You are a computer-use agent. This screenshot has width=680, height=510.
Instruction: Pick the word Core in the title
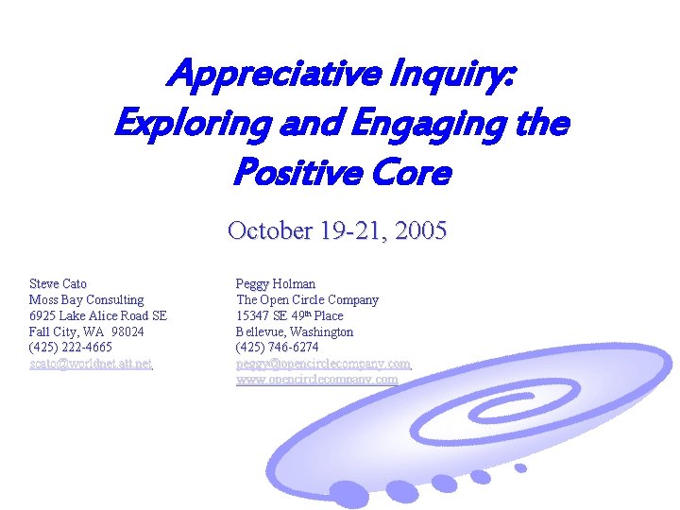pyautogui.click(x=405, y=174)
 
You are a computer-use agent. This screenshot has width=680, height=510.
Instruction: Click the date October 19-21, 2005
pyautogui.click(x=337, y=230)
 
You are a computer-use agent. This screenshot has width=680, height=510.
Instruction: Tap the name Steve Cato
pyautogui.click(x=59, y=283)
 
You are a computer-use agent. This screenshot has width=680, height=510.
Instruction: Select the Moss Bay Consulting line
pyautogui.click(x=86, y=299)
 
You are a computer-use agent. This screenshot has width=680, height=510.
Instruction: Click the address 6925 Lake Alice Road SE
pyautogui.click(x=98, y=315)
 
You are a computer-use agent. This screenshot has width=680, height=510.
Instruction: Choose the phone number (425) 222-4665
pyautogui.click(x=71, y=348)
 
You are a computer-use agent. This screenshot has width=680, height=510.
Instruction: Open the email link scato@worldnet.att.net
pyautogui.click(x=91, y=364)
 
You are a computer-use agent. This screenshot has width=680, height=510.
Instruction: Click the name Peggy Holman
pyautogui.click(x=275, y=283)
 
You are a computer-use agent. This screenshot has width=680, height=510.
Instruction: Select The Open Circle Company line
pyautogui.click(x=307, y=299)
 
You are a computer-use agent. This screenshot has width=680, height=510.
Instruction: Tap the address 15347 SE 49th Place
pyautogui.click(x=289, y=315)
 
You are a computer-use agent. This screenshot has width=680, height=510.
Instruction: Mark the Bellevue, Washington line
pyautogui.click(x=294, y=331)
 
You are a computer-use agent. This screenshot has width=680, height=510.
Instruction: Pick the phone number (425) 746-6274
pyautogui.click(x=278, y=348)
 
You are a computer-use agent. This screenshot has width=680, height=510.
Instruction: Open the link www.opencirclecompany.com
pyautogui.click(x=316, y=380)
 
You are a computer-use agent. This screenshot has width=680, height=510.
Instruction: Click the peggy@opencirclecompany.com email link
pyautogui.click(x=323, y=364)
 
